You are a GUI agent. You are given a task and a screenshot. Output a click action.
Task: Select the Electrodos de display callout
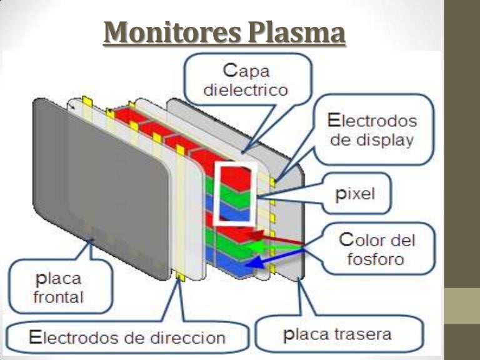[372, 130]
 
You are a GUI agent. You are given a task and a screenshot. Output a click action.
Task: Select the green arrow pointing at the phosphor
[275, 247]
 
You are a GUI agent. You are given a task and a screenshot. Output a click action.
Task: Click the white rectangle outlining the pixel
[235, 193]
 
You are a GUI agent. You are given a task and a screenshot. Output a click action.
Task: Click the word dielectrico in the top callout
[246, 89]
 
